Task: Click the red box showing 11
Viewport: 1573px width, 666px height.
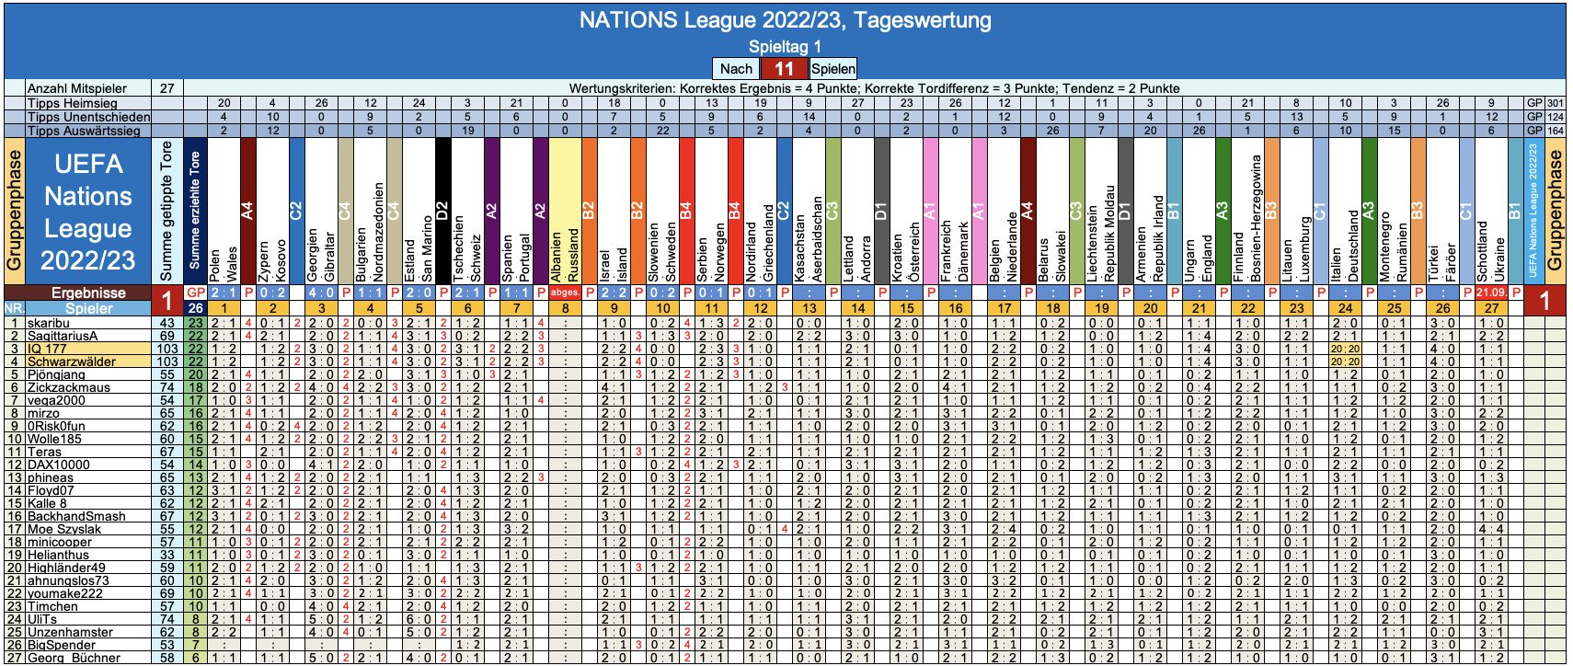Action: click(x=784, y=69)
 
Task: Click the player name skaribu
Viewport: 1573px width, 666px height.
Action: click(x=49, y=323)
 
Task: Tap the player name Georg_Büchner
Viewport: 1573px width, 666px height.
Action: click(x=74, y=658)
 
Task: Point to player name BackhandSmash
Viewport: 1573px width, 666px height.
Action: click(x=76, y=516)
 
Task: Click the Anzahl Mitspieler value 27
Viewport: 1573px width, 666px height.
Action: click(x=166, y=88)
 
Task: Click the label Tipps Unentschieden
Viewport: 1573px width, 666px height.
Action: click(x=88, y=117)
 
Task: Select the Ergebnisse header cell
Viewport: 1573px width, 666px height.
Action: click(x=88, y=293)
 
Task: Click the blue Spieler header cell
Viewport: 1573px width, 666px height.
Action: click(x=88, y=308)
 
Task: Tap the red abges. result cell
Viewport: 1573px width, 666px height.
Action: click(x=565, y=293)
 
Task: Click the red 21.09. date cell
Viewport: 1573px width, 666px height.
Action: click(x=1490, y=293)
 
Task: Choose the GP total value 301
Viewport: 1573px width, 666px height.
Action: click(x=1555, y=103)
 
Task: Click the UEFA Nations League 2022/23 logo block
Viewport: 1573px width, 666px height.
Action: click(x=88, y=212)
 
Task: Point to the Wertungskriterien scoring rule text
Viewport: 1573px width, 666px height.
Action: click(x=874, y=88)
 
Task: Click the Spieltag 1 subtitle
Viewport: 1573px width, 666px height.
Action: click(x=785, y=46)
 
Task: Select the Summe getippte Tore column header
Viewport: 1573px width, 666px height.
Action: click(x=166, y=212)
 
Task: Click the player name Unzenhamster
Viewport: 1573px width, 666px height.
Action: click(x=70, y=632)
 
